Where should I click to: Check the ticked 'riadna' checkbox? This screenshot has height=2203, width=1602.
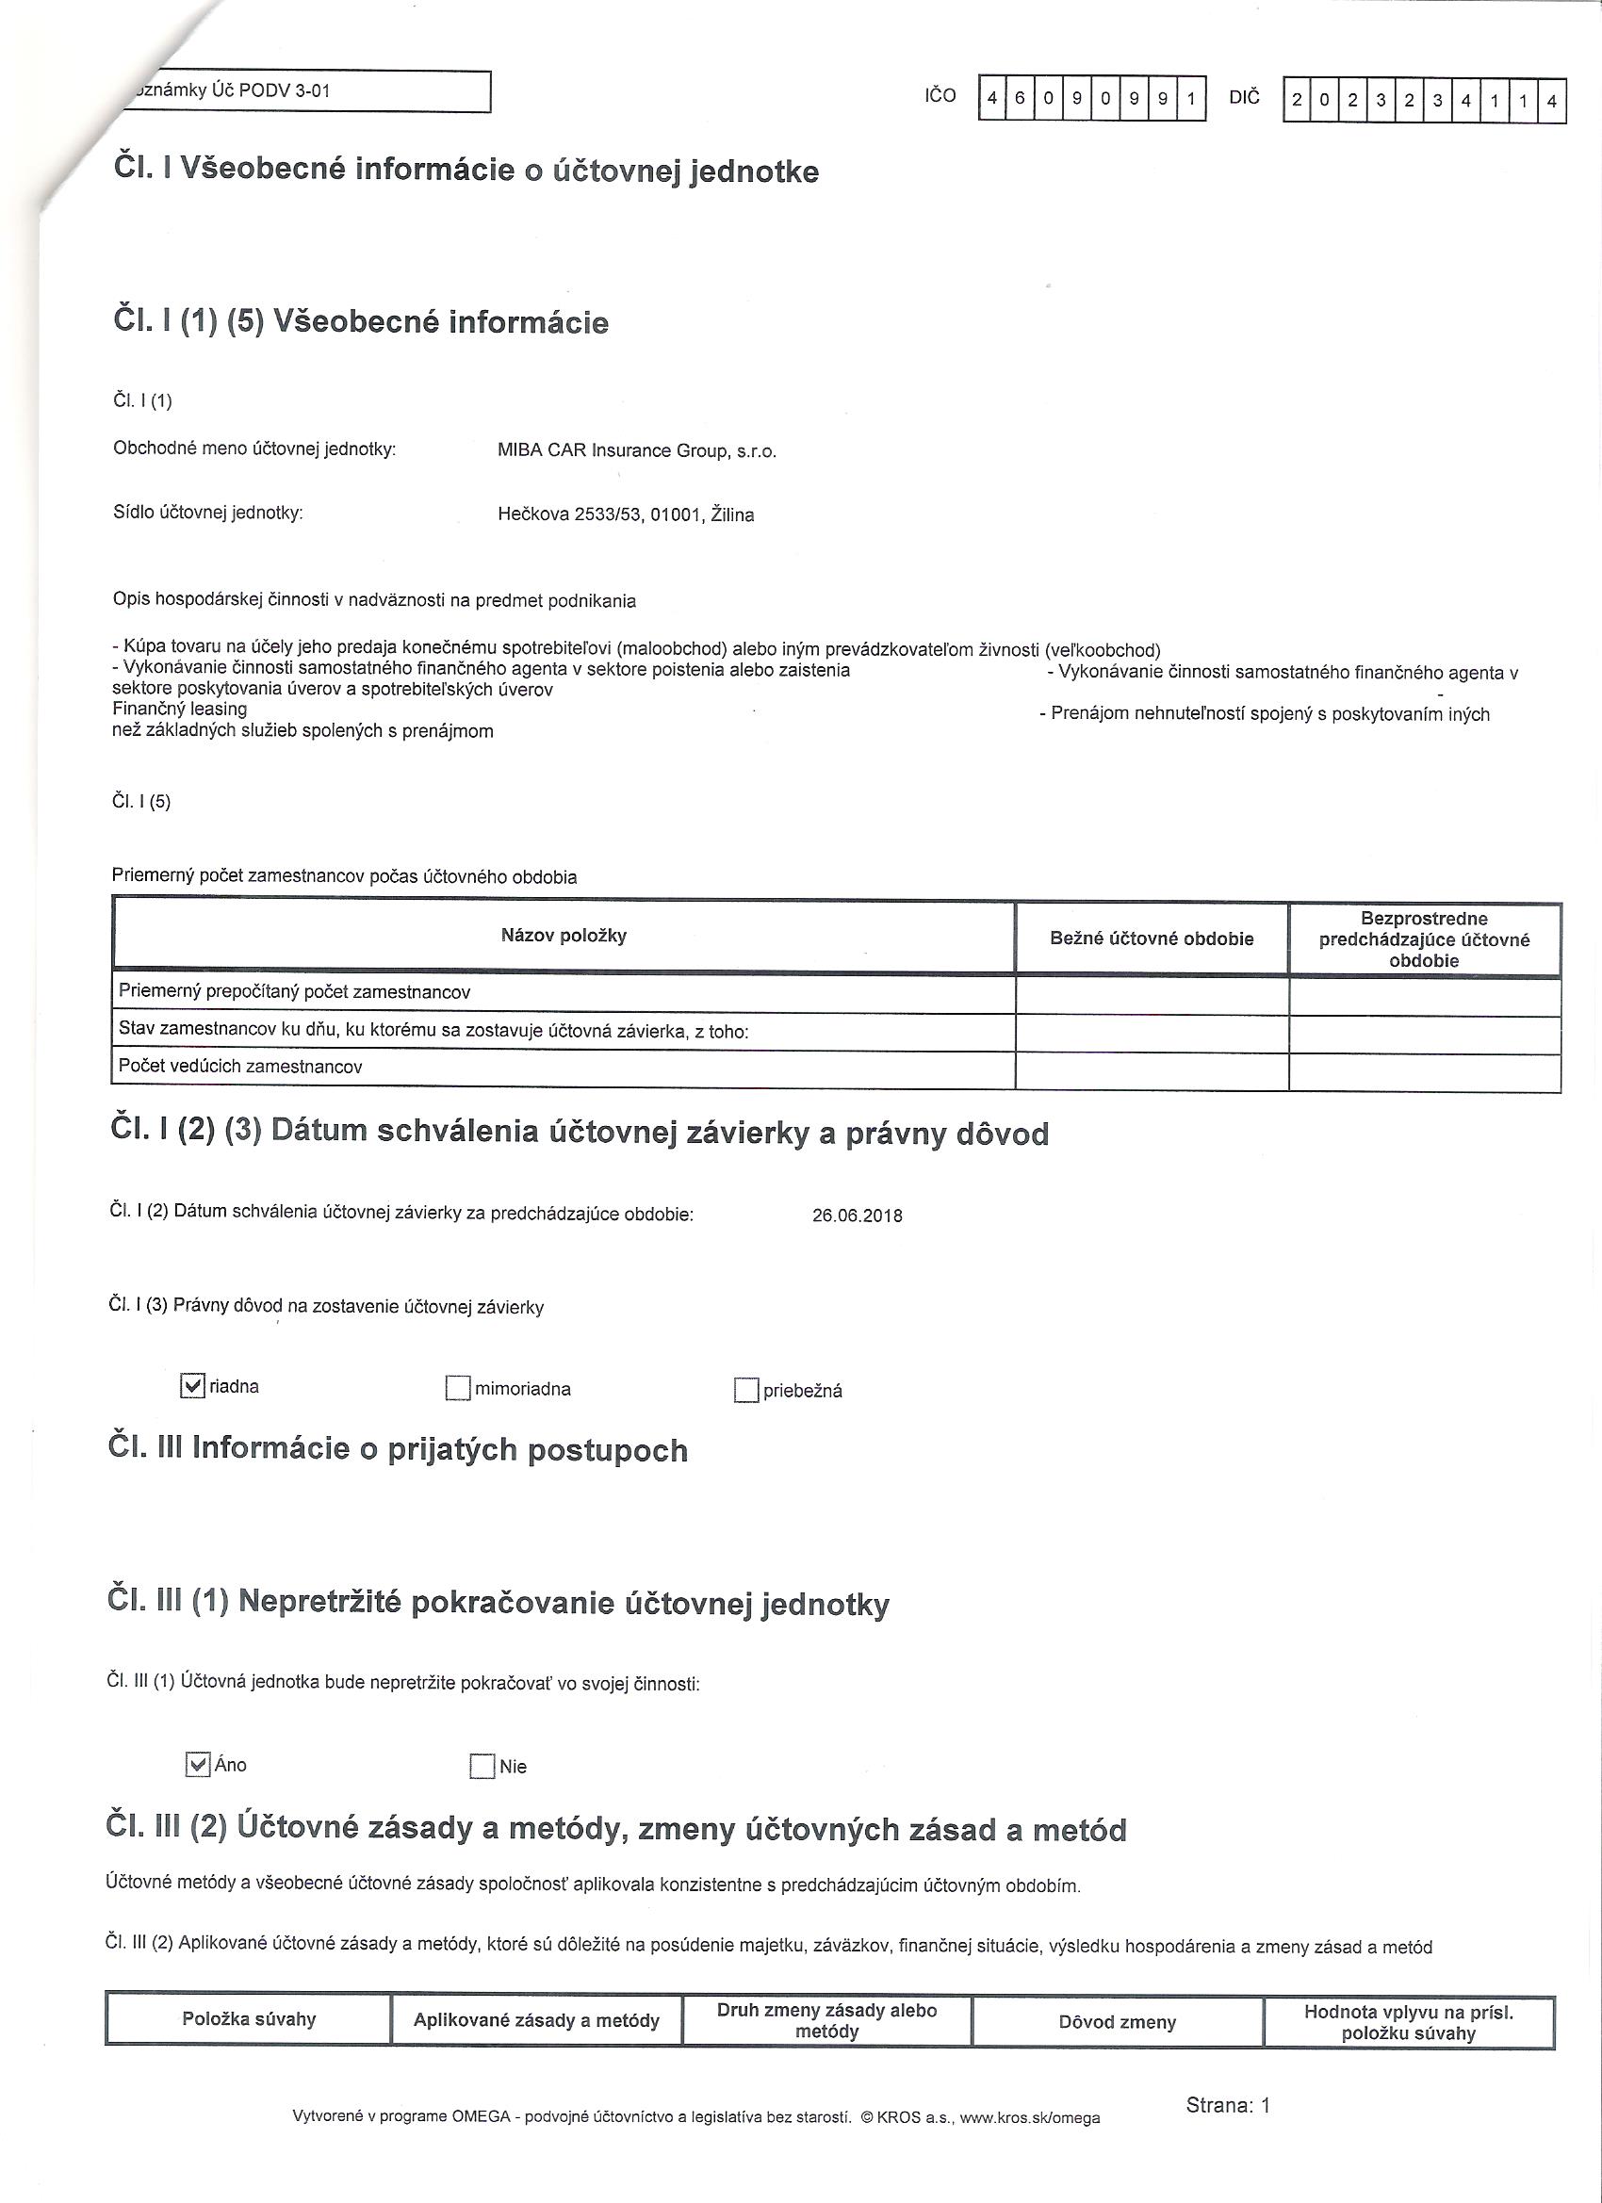(x=192, y=1386)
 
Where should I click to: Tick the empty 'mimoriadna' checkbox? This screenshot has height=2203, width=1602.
(x=458, y=1389)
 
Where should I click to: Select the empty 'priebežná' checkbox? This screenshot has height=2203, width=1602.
(x=746, y=1391)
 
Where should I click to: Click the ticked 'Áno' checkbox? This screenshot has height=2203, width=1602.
(x=197, y=1765)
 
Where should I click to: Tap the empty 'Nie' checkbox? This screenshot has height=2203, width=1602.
(x=482, y=1766)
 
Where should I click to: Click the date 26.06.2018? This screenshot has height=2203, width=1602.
(x=857, y=1216)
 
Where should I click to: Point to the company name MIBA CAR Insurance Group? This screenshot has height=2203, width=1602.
(x=636, y=450)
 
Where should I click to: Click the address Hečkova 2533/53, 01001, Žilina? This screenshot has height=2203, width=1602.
(x=626, y=514)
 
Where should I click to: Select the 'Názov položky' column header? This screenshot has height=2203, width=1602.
(x=564, y=936)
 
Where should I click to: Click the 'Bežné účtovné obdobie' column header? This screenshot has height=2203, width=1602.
(x=1152, y=938)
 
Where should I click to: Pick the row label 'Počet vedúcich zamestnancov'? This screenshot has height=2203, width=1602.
(x=240, y=1067)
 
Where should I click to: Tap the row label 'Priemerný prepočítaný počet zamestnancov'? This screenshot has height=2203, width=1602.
(x=294, y=992)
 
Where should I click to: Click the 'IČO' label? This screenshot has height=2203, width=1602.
(x=940, y=95)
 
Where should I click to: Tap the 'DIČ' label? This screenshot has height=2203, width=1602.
(x=1245, y=97)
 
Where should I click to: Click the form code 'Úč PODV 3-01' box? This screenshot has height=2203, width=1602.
(x=302, y=91)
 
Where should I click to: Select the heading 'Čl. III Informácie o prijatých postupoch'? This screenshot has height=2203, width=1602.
(x=399, y=1449)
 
